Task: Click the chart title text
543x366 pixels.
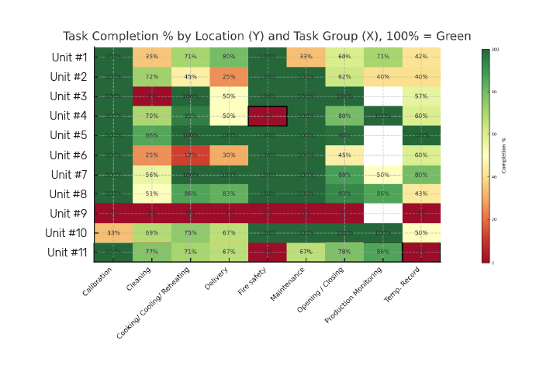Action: [267, 36]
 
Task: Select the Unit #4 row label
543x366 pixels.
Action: [70, 116]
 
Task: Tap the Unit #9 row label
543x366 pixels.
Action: [70, 213]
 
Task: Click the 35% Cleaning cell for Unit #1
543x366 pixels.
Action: [152, 57]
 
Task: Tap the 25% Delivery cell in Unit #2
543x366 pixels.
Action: [229, 77]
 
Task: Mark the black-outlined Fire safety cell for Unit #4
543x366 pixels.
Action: [268, 116]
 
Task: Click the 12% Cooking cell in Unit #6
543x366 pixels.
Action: [190, 155]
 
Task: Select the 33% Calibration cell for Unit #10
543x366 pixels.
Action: [113, 232]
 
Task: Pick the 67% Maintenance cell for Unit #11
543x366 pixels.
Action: [306, 252]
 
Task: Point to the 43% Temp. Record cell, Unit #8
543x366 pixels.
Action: [421, 193]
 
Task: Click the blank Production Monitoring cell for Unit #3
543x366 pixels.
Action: [382, 96]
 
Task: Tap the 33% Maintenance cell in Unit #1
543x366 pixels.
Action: [306, 57]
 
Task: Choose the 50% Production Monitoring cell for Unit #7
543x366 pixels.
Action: [382, 174]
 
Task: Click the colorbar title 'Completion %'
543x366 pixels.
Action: [503, 156]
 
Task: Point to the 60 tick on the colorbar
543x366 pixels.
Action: [495, 134]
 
